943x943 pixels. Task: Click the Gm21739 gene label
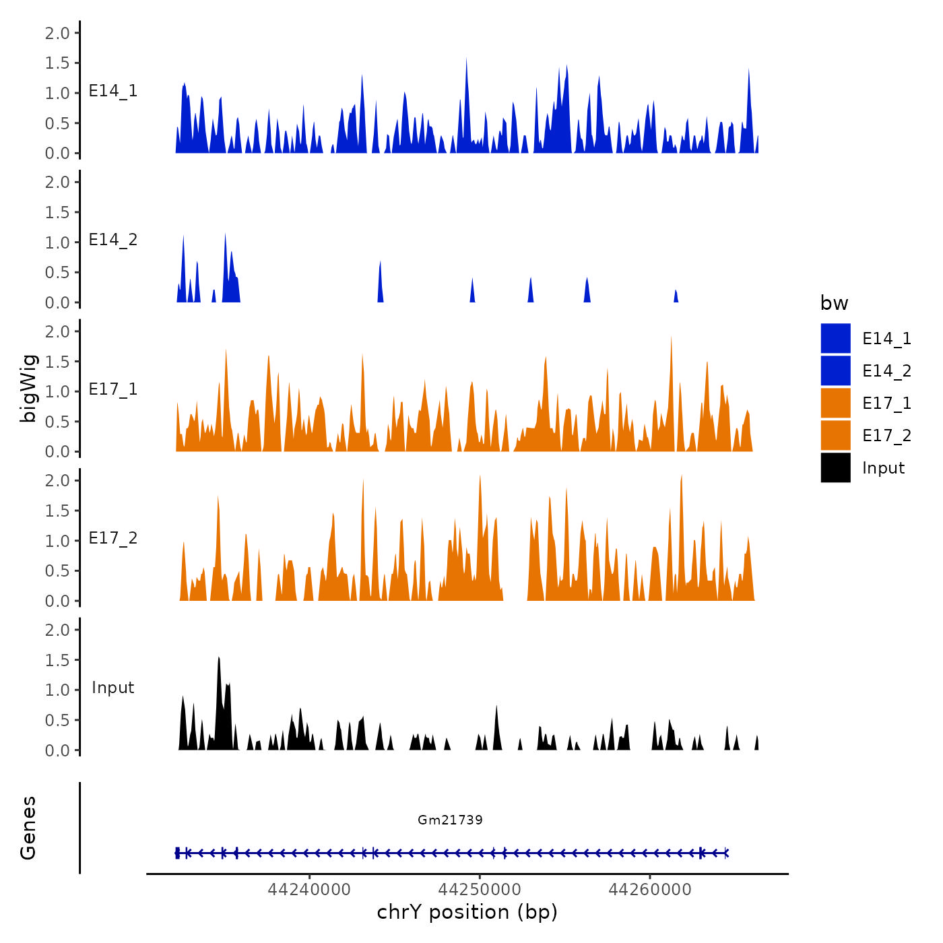pyautogui.click(x=450, y=820)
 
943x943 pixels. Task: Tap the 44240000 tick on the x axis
pyautogui.click(x=309, y=889)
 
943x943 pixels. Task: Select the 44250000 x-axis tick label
pyautogui.click(x=480, y=889)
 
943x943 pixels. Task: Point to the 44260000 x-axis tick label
pyautogui.click(x=650, y=889)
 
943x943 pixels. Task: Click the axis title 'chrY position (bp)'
pyautogui.click(x=467, y=912)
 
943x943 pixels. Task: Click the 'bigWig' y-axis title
pyautogui.click(x=28, y=389)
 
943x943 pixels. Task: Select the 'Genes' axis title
pyautogui.click(x=28, y=828)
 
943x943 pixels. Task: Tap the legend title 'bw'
pyautogui.click(x=834, y=303)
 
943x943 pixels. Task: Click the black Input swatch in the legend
pyautogui.click(x=835, y=467)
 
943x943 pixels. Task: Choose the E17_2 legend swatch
pyautogui.click(x=835, y=435)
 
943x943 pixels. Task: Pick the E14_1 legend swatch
pyautogui.click(x=835, y=338)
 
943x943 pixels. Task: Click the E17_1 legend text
pyautogui.click(x=886, y=403)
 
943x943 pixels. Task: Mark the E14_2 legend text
pyautogui.click(x=886, y=370)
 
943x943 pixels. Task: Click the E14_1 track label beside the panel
pyautogui.click(x=113, y=91)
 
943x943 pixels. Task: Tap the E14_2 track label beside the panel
pyautogui.click(x=113, y=240)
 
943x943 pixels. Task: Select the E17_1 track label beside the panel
pyautogui.click(x=113, y=389)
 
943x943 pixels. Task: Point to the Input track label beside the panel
pyautogui.click(x=113, y=688)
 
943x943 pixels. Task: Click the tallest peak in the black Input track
pyautogui.click(x=219, y=658)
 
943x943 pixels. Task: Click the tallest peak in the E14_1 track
pyautogui.click(x=466, y=59)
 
